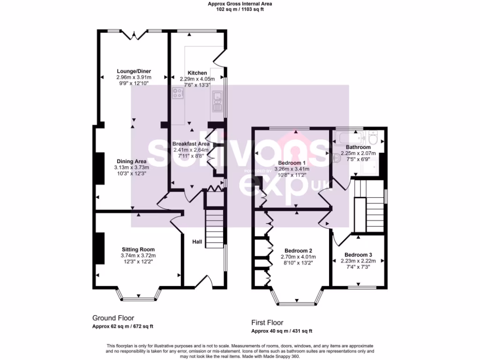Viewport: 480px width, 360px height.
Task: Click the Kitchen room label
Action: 197,73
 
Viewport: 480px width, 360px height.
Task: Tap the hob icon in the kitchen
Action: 178,93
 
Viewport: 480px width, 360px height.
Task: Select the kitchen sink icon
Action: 218,100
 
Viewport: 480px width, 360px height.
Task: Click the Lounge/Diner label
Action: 134,71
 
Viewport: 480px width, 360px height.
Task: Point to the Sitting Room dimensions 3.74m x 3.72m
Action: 138,255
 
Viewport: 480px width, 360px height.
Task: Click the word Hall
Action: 197,242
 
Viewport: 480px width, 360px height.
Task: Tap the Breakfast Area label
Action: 191,144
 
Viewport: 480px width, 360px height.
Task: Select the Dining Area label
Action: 131,161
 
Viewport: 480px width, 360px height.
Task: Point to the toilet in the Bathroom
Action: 374,138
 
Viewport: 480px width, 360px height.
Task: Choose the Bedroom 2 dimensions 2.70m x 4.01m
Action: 298,257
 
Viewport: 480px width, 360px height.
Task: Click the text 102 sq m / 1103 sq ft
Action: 240,9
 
